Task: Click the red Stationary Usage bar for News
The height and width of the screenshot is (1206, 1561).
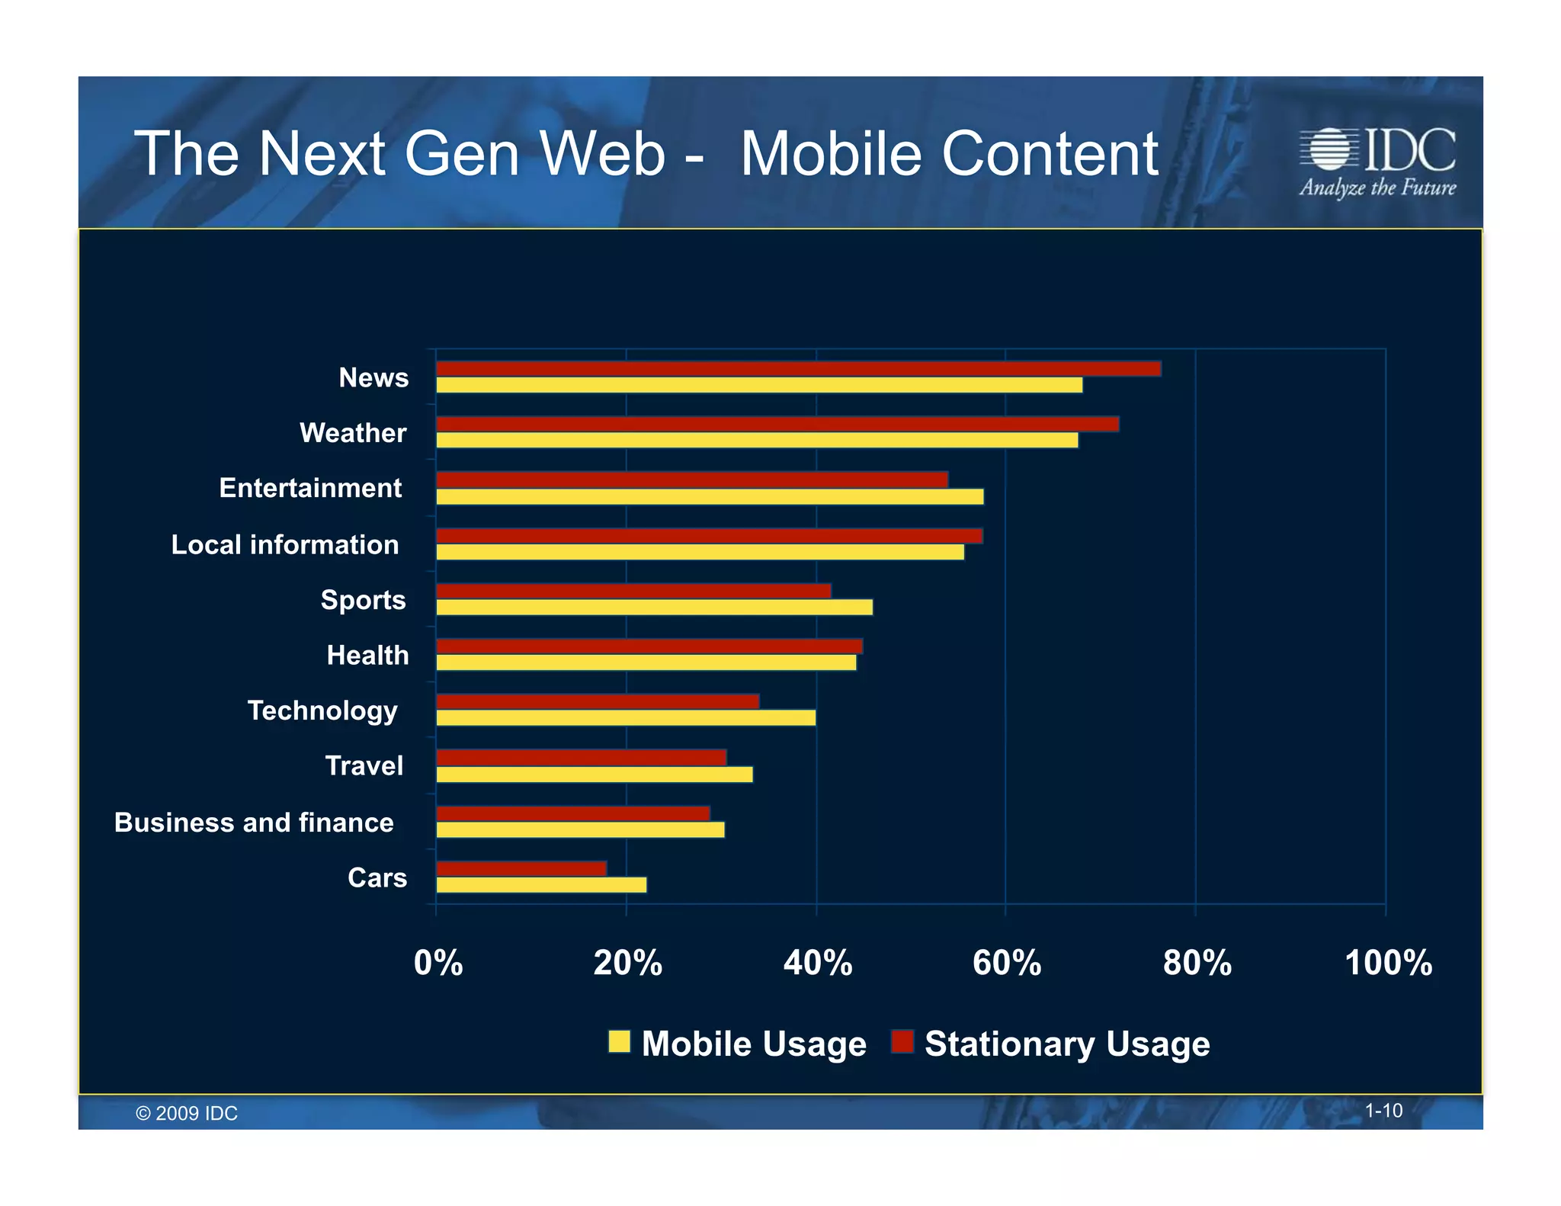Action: tap(798, 369)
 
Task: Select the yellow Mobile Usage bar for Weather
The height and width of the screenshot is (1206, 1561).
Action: tap(757, 441)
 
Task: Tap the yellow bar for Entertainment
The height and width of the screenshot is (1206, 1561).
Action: tap(710, 497)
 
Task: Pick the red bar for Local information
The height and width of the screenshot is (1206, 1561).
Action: tap(709, 536)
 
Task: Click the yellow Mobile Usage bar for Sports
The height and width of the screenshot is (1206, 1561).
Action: tap(654, 608)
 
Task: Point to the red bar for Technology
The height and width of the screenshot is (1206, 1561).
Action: tap(598, 701)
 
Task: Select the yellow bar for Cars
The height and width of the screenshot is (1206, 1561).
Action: tap(541, 885)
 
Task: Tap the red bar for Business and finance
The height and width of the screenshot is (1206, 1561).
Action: tap(573, 813)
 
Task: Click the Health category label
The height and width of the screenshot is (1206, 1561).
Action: tap(367, 656)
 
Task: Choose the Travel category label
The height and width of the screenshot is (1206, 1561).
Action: tap(364, 766)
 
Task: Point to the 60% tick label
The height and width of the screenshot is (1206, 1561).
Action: tap(1006, 963)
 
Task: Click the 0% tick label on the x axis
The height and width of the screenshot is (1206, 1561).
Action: tap(438, 963)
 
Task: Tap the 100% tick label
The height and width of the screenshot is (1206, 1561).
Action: tap(1388, 963)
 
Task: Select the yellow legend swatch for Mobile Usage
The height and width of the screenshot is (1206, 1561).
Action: tap(620, 1041)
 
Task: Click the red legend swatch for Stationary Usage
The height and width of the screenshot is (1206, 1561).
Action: tap(902, 1041)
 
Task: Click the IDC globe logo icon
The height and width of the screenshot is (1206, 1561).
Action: tap(1329, 149)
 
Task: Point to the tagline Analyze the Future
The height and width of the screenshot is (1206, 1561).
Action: tap(1377, 188)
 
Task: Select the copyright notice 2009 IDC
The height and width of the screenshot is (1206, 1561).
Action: tap(187, 1113)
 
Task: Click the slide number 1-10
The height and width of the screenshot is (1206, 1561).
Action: tap(1383, 1111)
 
